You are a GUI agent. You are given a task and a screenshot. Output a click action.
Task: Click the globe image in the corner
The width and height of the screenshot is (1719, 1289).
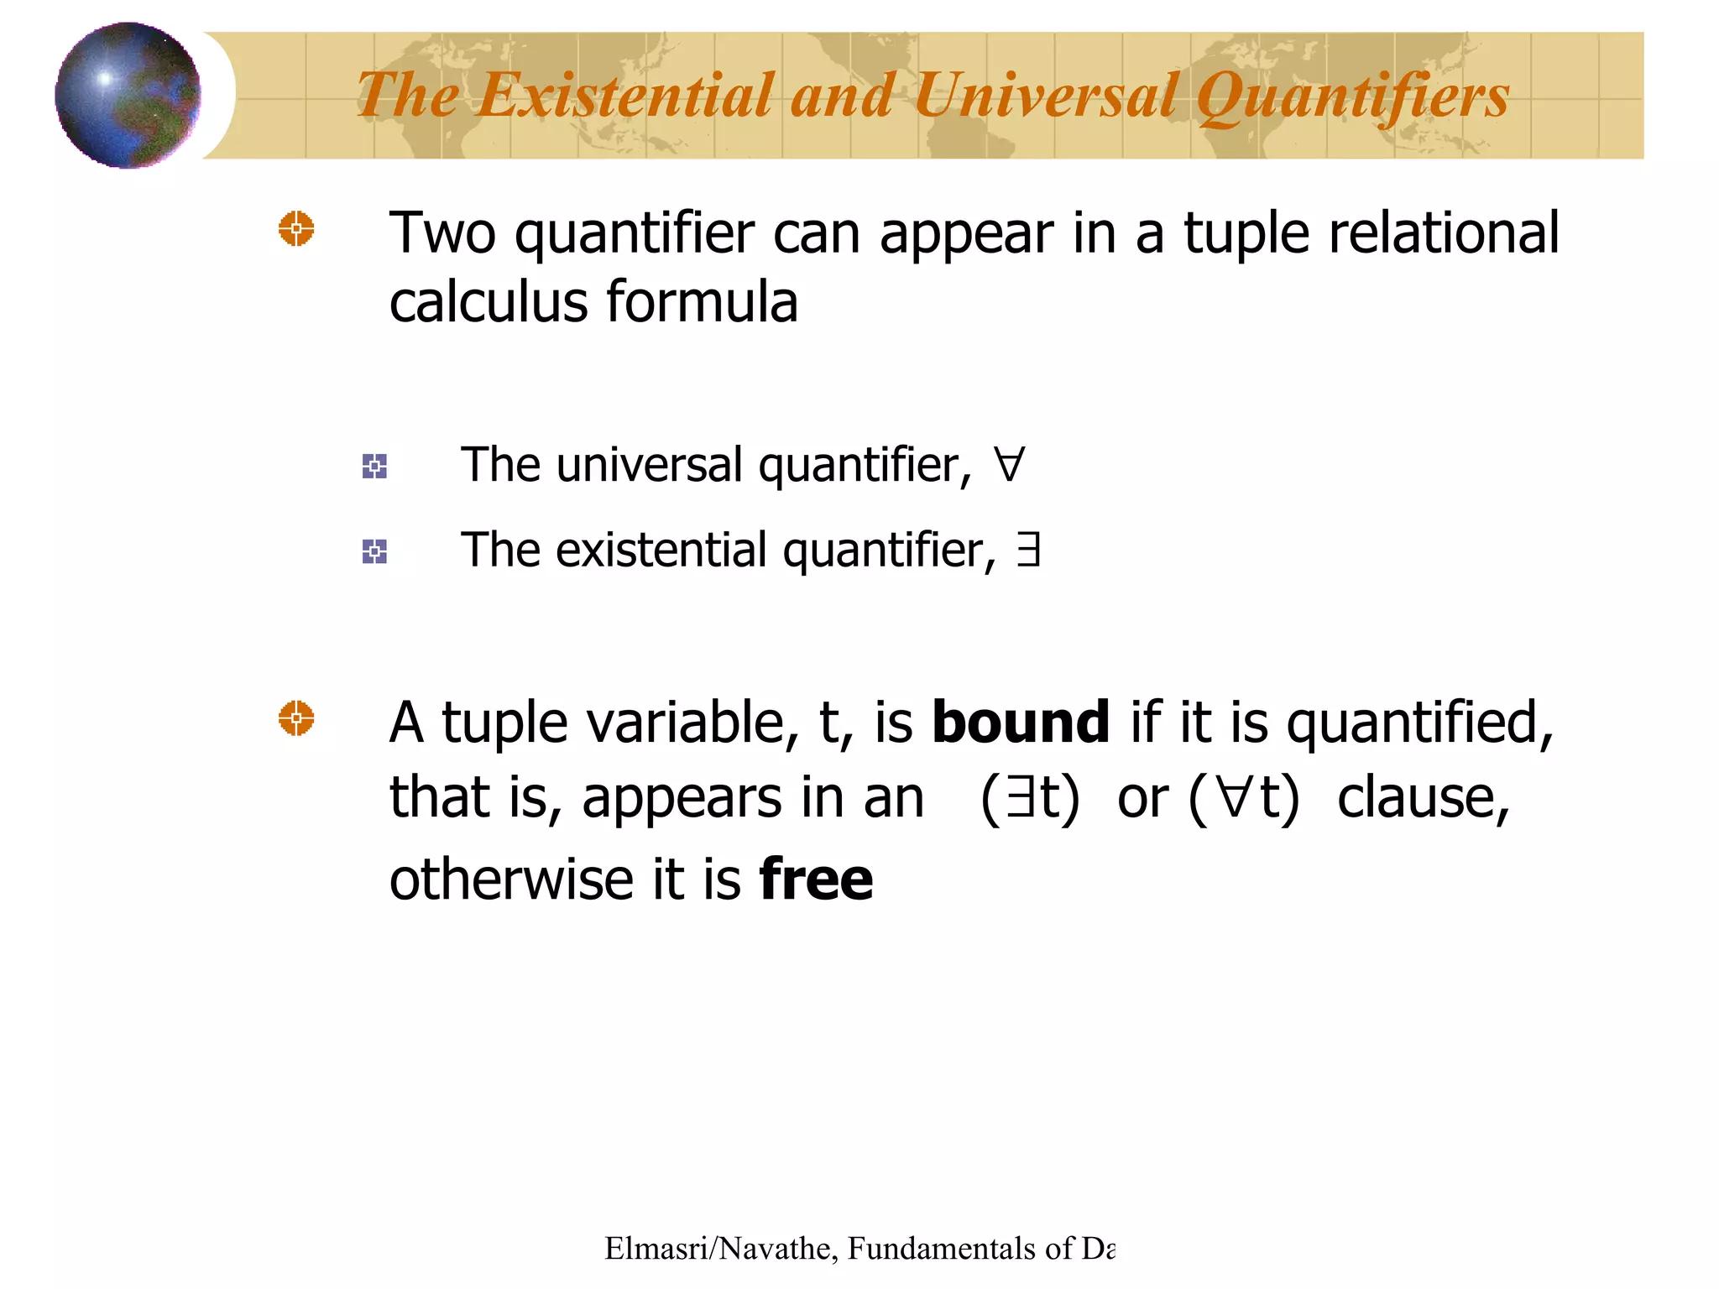click(128, 95)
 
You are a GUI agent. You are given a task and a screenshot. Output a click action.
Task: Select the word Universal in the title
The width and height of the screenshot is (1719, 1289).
click(1046, 95)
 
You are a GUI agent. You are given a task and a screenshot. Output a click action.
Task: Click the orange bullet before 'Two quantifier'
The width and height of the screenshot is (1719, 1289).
click(296, 229)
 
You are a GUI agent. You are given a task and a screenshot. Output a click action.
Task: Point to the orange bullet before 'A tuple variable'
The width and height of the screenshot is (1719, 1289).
click(296, 719)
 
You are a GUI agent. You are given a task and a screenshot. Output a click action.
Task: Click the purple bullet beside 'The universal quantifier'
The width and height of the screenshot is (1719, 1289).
click(374, 466)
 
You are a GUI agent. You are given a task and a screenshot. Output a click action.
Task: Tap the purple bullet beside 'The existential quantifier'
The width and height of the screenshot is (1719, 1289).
click(374, 551)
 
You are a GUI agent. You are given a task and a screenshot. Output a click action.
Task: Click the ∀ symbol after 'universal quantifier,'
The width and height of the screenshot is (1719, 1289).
click(1008, 465)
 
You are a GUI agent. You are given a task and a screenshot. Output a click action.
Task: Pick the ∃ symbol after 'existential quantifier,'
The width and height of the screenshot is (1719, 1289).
click(1028, 551)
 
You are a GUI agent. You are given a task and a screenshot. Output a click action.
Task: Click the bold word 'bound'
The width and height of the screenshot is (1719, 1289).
click(1021, 722)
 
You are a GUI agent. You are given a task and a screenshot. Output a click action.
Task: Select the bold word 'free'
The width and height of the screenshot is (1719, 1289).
click(816, 879)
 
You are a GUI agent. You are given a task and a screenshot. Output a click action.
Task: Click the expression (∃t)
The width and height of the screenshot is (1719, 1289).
click(1030, 797)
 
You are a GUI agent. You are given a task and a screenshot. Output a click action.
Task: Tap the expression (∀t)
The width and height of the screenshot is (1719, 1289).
click(1244, 797)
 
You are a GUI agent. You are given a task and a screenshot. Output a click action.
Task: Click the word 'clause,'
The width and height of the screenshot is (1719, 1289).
click(1423, 797)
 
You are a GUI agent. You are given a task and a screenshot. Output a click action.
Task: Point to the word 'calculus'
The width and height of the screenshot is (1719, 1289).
click(488, 302)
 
